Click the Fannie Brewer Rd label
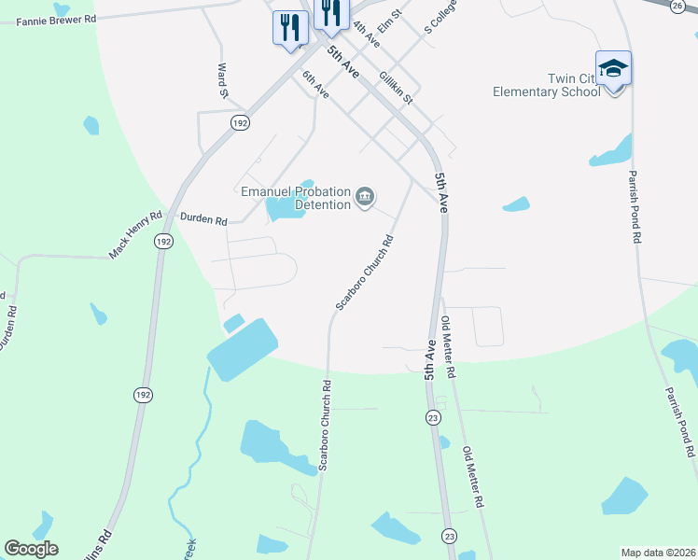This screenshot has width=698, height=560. tap(56, 19)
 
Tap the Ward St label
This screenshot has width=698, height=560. tap(223, 81)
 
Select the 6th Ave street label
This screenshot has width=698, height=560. tap(315, 84)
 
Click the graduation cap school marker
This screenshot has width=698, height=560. tap(613, 69)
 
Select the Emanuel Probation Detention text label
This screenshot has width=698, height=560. tap(295, 198)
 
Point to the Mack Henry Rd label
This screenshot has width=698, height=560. tap(135, 234)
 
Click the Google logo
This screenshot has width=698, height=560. tap(31, 549)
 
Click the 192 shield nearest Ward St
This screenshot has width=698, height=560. tap(240, 122)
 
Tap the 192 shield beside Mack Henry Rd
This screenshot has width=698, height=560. tap(164, 241)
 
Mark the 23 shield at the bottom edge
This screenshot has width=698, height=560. tap(450, 536)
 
